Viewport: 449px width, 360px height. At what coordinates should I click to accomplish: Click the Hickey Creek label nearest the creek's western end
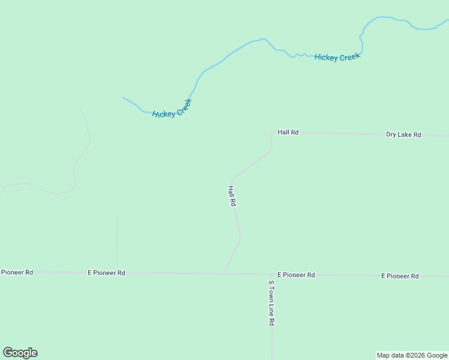pos(172,109)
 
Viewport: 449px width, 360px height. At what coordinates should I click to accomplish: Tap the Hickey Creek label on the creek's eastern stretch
pos(337,57)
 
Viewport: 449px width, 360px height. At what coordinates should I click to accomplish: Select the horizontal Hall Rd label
pos(288,132)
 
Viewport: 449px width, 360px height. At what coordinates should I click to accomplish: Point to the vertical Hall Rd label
pos(232,196)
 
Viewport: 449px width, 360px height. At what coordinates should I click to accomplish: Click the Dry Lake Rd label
pos(403,135)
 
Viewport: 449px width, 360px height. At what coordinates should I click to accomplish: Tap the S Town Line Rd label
pos(271,303)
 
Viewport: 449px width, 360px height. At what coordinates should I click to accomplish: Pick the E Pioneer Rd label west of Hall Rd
pos(106,272)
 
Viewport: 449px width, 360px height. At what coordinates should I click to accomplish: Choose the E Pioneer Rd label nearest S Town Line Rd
pos(296,275)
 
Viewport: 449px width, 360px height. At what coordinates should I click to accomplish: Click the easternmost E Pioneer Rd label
pos(400,276)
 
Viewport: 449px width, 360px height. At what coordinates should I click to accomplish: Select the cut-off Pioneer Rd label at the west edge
pos(17,272)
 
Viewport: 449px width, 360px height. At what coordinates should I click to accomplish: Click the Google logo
pos(20,353)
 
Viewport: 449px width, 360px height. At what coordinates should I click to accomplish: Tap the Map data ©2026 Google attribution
pos(412,355)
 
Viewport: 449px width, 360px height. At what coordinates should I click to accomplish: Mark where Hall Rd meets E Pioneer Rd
pos(223,274)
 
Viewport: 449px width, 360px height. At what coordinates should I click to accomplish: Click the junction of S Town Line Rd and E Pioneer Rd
pos(271,275)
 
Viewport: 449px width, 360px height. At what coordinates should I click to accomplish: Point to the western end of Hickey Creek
pos(123,97)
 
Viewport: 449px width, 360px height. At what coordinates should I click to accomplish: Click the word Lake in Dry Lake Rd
pos(405,135)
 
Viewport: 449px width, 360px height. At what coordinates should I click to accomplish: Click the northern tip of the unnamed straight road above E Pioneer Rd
pos(116,214)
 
